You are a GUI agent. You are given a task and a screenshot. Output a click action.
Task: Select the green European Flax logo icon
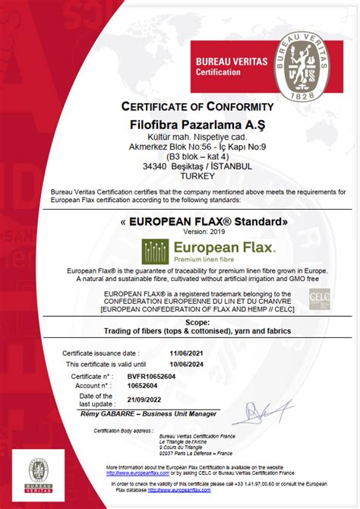[x=156, y=250]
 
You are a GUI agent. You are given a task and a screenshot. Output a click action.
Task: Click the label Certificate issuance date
[x=100, y=353]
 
